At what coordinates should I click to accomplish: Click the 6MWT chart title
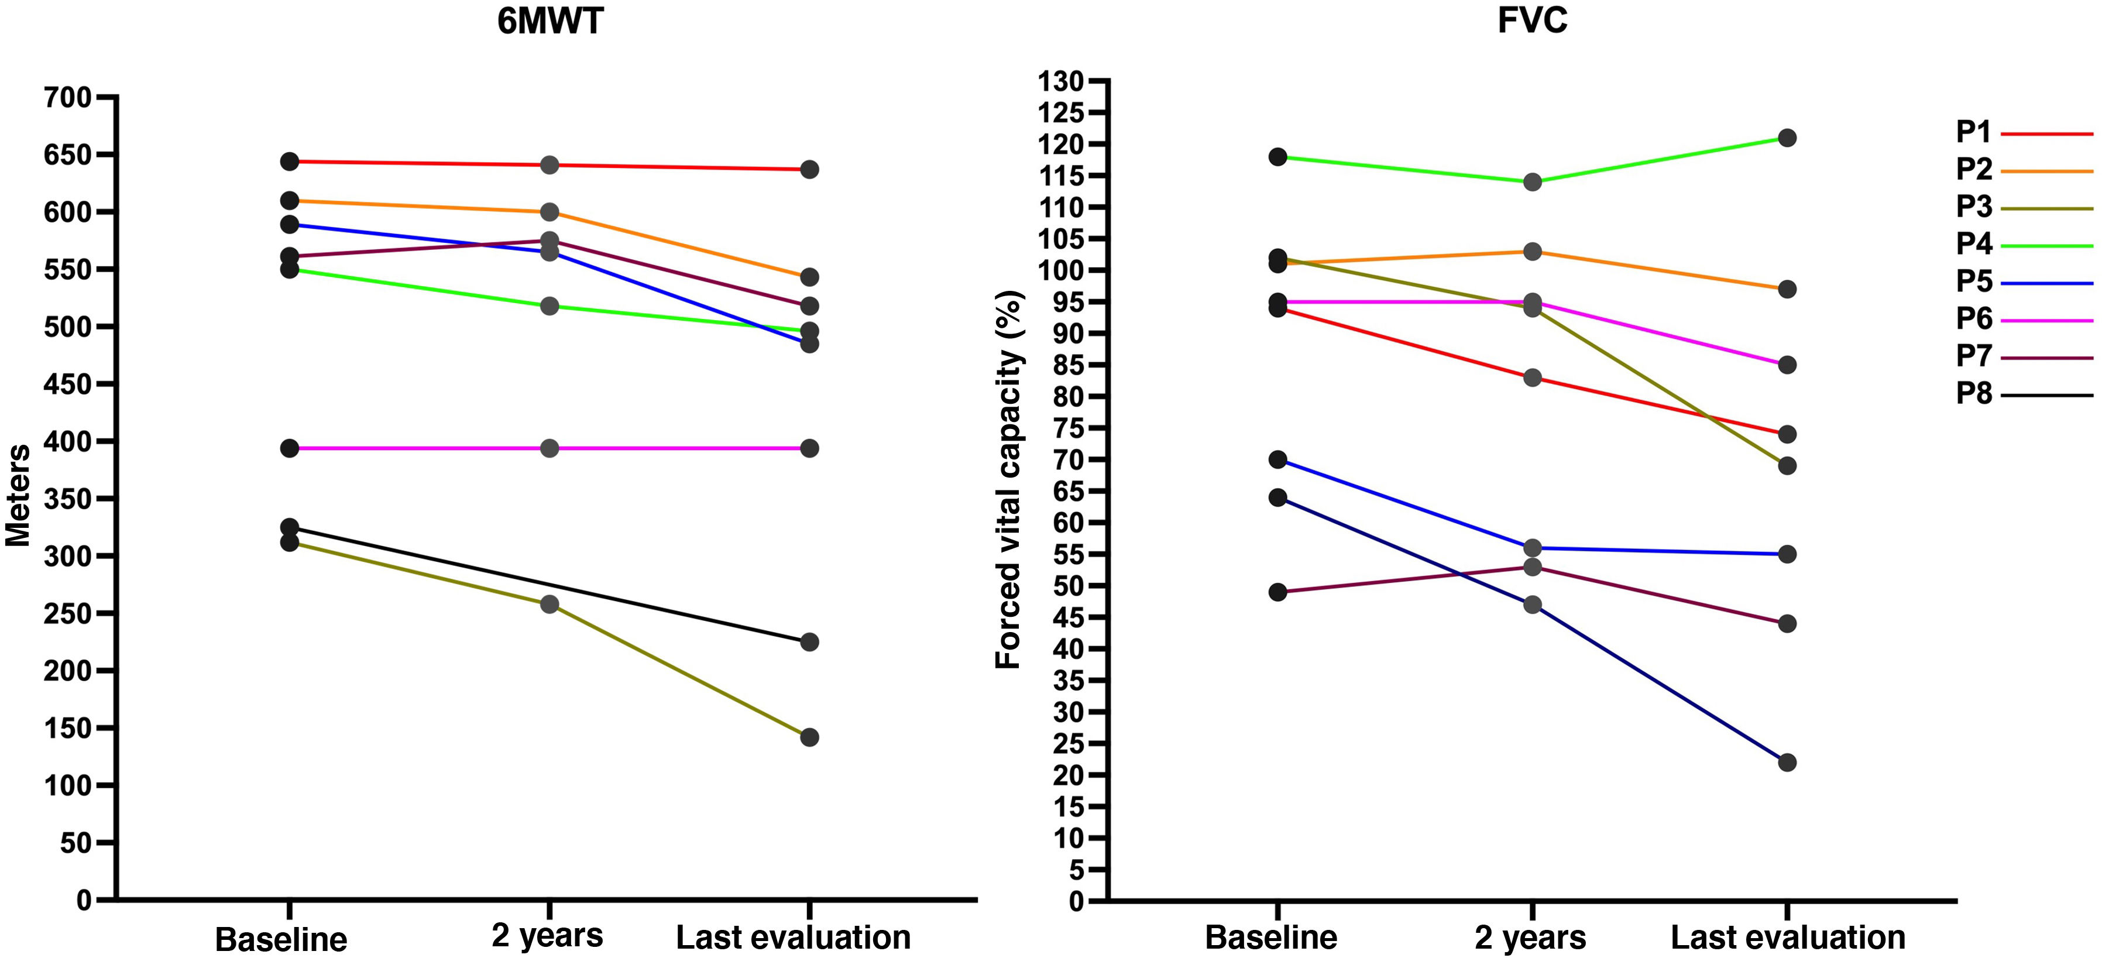pos(550,21)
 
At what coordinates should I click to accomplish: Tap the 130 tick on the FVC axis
pos(1060,81)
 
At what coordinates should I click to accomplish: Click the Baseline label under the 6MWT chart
pos(281,939)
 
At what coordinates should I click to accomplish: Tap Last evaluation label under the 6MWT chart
pos(793,938)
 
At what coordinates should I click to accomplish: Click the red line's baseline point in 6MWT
pos(289,162)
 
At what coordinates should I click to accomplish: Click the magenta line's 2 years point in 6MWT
pos(549,448)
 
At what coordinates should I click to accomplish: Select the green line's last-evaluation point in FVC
pos(1787,138)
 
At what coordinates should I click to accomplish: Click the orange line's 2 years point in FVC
pos(1533,251)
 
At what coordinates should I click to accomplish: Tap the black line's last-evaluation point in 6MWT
pos(809,642)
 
